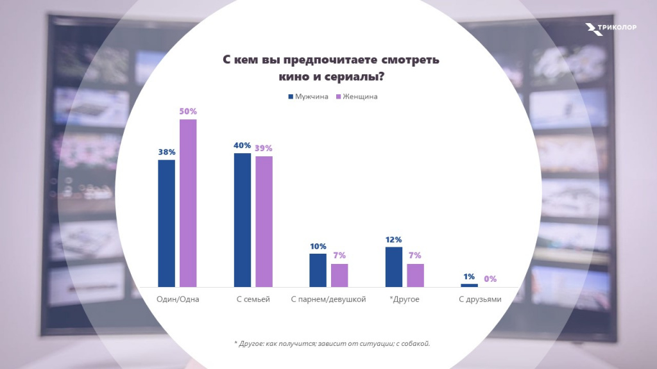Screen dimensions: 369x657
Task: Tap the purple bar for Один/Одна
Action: [x=188, y=203]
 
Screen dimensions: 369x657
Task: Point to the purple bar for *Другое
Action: [x=415, y=275]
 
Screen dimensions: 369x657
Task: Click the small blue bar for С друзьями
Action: [x=469, y=285]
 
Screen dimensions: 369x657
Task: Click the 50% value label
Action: [x=188, y=111]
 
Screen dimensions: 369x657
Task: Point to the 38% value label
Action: [x=166, y=152]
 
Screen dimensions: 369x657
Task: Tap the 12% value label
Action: [x=393, y=239]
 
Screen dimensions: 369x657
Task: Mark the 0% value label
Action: [x=490, y=279]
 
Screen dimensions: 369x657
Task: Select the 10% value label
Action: [x=318, y=246]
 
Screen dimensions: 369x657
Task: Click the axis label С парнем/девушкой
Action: [x=328, y=299]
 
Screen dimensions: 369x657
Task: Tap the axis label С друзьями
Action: [x=479, y=299]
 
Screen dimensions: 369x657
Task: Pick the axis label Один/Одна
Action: [x=178, y=299]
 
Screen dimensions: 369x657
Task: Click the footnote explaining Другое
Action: [x=332, y=343]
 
